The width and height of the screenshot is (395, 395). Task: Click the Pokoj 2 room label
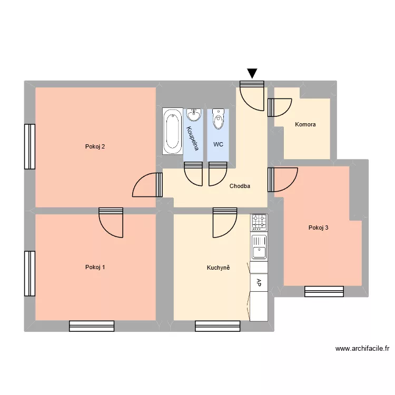coord(95,146)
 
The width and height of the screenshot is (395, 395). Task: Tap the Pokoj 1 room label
coord(95,267)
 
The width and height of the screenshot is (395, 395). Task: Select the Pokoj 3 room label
coord(319,228)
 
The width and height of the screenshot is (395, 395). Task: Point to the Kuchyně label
coord(219,268)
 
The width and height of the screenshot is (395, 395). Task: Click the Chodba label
coord(240,186)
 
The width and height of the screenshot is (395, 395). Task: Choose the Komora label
coord(305,125)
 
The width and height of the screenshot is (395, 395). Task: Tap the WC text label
coord(218,144)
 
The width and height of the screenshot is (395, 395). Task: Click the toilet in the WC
coord(218,120)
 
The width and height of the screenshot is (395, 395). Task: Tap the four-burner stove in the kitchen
coord(259,222)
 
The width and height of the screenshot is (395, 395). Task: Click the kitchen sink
coord(259,246)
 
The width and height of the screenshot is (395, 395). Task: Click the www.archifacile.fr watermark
coord(362,349)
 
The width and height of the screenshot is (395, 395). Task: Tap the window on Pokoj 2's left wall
coord(29,146)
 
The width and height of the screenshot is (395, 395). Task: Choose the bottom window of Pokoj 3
coord(324,291)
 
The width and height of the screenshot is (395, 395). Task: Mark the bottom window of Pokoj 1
coord(92,326)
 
